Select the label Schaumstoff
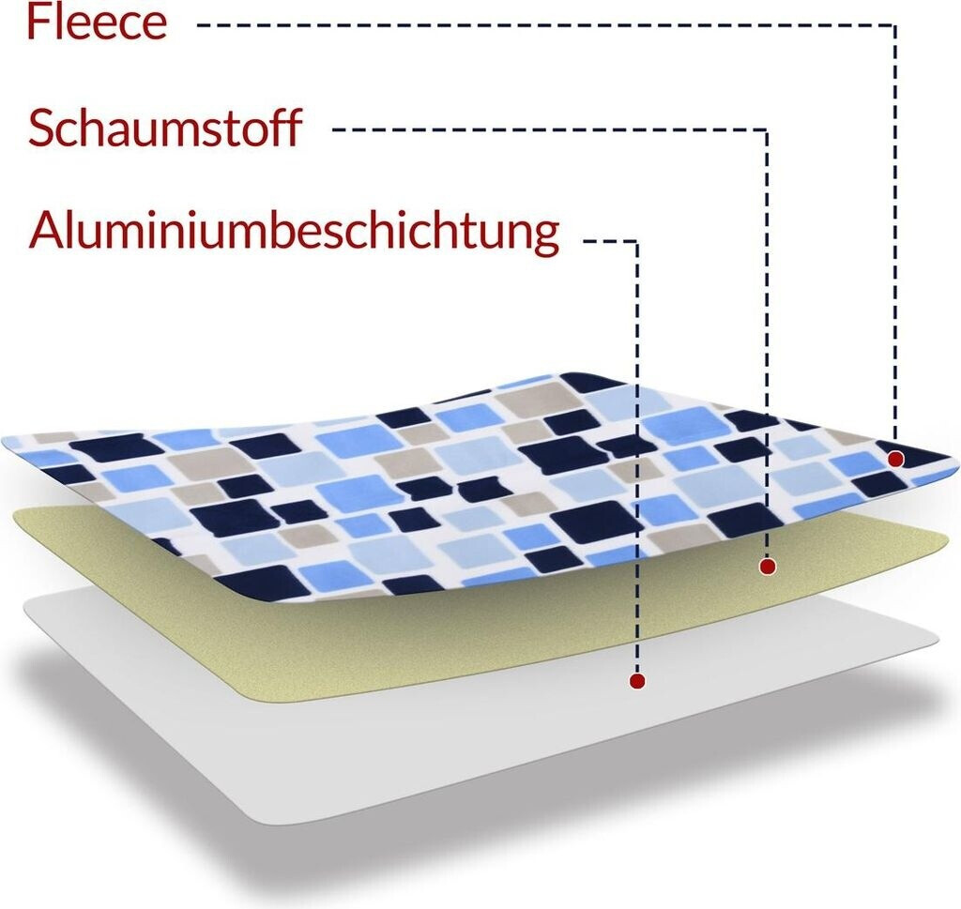coord(164,129)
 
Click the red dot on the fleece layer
coord(895,459)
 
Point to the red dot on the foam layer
coord(768,566)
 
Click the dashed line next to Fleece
coord(544,25)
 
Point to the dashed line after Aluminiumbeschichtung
coord(610,241)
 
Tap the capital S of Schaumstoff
coord(42,129)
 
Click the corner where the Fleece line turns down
coord(895,25)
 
